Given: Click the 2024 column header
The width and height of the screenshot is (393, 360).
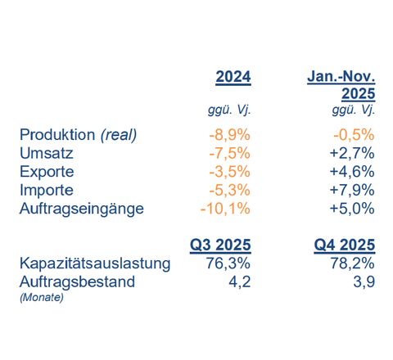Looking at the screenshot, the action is click(233, 77).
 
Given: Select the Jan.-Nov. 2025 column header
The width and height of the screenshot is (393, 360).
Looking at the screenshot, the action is click(341, 85).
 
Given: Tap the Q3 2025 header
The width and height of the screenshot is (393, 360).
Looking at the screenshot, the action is click(220, 245).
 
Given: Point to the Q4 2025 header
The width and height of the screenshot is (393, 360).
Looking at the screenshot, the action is click(345, 245).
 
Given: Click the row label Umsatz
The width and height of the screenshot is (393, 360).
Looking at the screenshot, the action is click(47, 153).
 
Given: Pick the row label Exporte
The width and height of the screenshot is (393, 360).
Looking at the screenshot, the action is click(47, 172).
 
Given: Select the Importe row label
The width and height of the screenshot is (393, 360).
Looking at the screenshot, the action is click(47, 190).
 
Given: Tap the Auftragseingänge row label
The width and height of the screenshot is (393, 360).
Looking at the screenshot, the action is click(82, 209).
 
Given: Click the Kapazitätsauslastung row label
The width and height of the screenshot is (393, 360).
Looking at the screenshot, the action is click(95, 263).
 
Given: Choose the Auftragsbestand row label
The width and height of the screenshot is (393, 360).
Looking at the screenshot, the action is click(77, 281).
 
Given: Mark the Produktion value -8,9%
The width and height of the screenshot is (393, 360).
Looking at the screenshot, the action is click(229, 135).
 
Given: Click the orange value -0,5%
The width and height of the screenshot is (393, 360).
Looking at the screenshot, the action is click(354, 135).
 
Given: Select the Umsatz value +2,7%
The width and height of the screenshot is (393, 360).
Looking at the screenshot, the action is click(352, 153).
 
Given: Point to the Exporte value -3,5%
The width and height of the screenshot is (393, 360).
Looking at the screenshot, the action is click(229, 172).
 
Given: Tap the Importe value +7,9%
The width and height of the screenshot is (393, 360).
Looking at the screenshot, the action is click(352, 190).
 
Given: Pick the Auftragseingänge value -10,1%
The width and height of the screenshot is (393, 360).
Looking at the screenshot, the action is click(225, 209).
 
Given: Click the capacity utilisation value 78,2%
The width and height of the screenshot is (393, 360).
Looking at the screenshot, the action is click(352, 263).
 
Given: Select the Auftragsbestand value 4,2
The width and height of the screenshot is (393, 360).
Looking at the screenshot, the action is click(240, 282).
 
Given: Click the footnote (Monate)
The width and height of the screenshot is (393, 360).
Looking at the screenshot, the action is click(42, 297).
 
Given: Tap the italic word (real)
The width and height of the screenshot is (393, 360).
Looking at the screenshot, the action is click(119, 135).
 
